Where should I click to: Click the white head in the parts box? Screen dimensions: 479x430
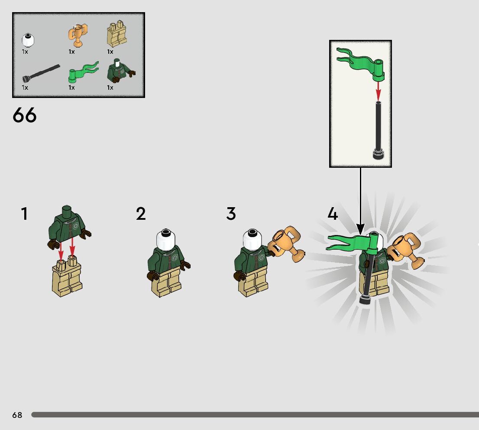pyautogui.click(x=28, y=40)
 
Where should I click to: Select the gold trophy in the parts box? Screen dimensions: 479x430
pyautogui.click(x=78, y=35)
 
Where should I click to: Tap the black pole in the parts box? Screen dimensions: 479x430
pyautogui.click(x=41, y=73)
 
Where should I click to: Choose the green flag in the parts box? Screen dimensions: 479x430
pyautogui.click(x=83, y=72)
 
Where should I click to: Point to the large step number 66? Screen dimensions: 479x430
pyautogui.click(x=24, y=115)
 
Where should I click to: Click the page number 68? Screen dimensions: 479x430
pyautogui.click(x=17, y=415)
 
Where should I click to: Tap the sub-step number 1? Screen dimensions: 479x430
pyautogui.click(x=24, y=213)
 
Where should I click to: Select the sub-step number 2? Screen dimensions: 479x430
pyautogui.click(x=141, y=213)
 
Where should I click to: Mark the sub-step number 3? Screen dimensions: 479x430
pyautogui.click(x=231, y=213)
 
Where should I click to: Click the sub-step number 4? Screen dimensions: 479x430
pyautogui.click(x=333, y=213)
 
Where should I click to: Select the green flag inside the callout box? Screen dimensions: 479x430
pyautogui.click(x=360, y=64)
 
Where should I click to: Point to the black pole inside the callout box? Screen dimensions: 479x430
pyautogui.click(x=379, y=130)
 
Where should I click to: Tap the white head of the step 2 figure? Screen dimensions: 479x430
pyautogui.click(x=166, y=239)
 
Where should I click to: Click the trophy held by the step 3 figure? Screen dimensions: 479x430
pyautogui.click(x=286, y=244)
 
